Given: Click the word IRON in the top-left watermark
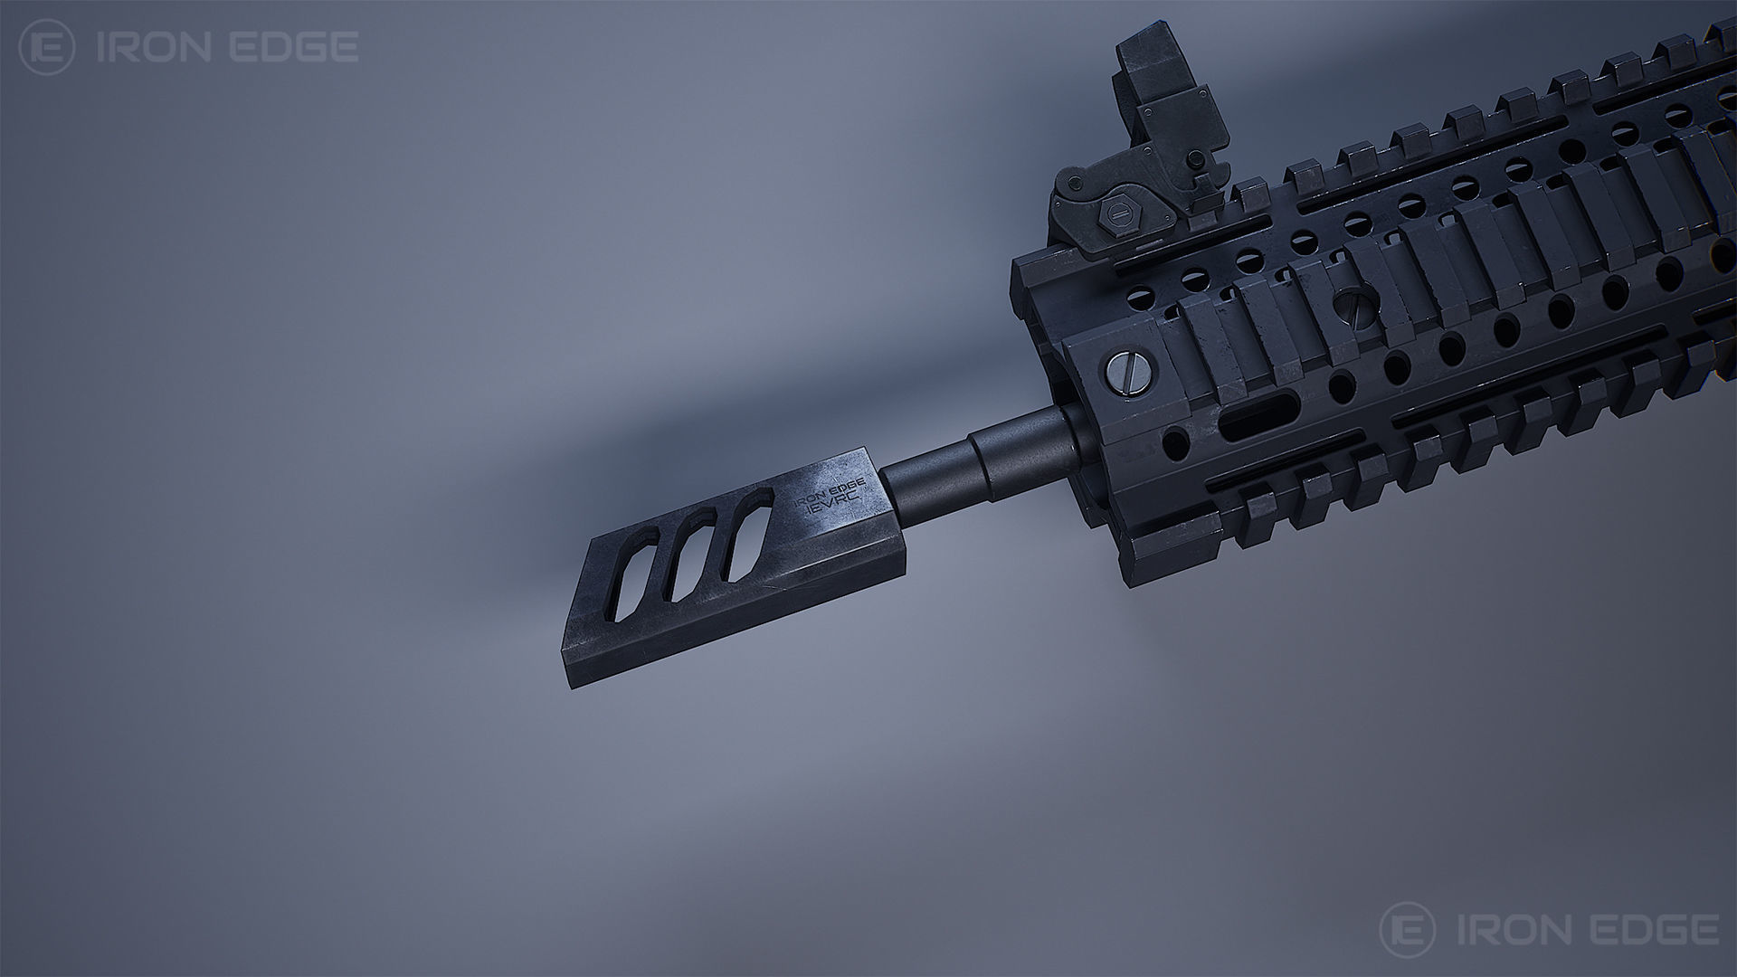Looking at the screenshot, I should (155, 48).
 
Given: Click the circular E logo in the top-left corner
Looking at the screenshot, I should (47, 48).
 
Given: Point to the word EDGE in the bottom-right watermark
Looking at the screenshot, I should (1642, 928).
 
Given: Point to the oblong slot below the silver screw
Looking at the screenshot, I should (1253, 422).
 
